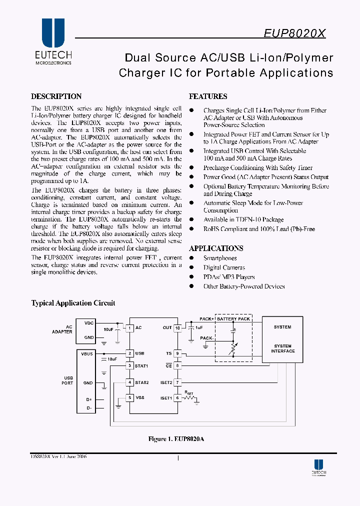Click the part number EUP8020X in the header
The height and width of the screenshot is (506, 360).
point(294,33)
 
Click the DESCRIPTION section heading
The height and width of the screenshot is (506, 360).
point(56,96)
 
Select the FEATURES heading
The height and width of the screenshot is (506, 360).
point(208,96)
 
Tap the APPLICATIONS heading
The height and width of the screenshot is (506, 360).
point(216,248)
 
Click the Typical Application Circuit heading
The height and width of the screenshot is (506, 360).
point(73,303)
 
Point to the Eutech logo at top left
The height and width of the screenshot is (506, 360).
point(53,42)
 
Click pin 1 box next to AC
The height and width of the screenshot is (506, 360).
point(129,328)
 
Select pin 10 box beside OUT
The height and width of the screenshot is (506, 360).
point(177,328)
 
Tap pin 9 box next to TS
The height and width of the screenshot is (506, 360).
point(177,353)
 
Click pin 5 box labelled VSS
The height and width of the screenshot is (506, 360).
point(129,398)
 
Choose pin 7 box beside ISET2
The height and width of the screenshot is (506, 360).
point(177,382)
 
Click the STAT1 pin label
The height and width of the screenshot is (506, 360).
point(142,365)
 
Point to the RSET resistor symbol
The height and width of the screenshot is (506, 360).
point(189,398)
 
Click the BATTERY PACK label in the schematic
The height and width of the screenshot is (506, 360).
point(233,319)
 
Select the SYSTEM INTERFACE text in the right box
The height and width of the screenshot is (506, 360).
point(283,348)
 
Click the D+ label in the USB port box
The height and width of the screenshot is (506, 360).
point(88,399)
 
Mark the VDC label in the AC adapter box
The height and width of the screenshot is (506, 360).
point(88,323)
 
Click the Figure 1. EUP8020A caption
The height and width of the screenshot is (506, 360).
point(176,439)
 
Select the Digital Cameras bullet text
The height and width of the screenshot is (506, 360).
point(224,267)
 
